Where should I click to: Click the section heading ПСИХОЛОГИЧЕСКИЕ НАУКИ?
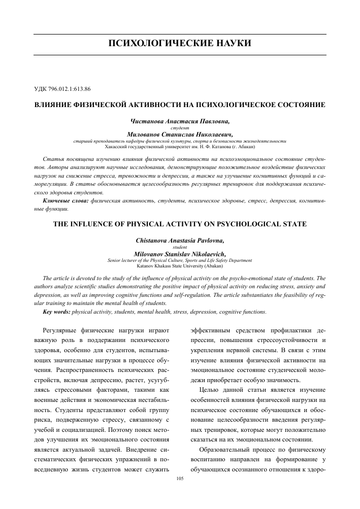click(180, 42)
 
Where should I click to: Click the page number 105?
click(179, 479)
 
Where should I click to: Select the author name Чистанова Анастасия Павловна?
click(180, 121)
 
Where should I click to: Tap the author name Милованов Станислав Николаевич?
click(180, 135)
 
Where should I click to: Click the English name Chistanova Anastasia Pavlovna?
click(180, 241)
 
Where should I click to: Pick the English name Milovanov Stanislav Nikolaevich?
click(180, 254)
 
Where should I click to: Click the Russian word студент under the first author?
click(180, 128)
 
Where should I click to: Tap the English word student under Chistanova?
click(180, 248)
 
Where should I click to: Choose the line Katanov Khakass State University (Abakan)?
click(180, 265)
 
